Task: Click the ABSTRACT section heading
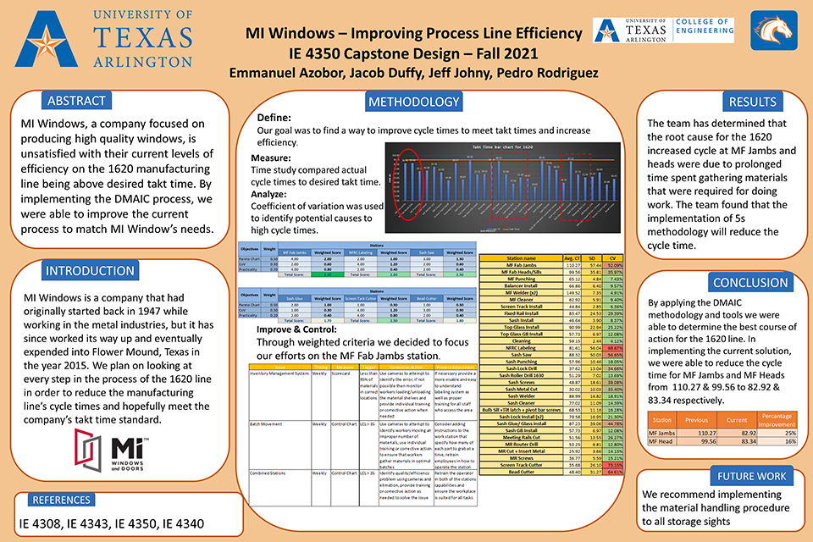76,101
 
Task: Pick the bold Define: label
274,119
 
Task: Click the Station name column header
520,257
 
